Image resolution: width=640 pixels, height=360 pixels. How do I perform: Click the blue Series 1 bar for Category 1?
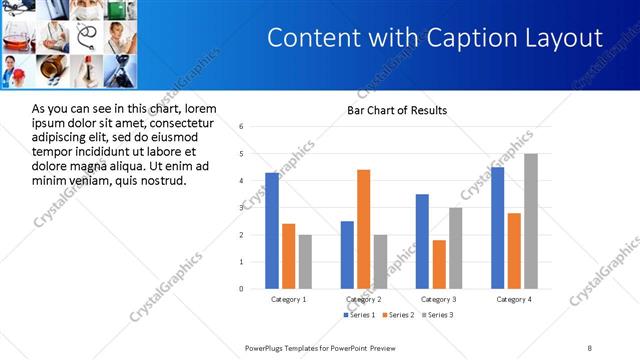coord(272,231)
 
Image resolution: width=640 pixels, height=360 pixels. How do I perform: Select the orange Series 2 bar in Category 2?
coord(363,229)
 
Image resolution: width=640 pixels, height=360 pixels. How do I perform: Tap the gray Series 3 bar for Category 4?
coord(530,221)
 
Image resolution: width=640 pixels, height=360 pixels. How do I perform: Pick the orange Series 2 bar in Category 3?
coord(439,264)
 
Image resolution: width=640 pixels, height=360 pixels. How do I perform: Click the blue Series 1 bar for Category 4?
coord(497,228)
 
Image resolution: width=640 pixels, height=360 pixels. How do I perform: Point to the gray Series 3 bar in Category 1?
coord(305,262)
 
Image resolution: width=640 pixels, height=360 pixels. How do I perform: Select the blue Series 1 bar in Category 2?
coord(347,255)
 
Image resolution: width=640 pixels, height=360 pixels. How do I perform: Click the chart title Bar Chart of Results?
coord(397,110)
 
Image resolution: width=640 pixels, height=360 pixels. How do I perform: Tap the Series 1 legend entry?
coord(361,315)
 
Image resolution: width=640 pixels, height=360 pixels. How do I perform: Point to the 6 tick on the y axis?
coord(241,127)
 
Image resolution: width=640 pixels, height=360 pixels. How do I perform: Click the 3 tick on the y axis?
coord(241,208)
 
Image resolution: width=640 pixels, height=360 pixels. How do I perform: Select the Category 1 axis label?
coord(289,299)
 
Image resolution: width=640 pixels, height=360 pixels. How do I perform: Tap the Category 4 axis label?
coord(514,299)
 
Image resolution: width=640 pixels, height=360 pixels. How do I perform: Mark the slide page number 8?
coord(590,347)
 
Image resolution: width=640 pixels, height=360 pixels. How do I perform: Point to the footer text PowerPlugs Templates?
coord(290,347)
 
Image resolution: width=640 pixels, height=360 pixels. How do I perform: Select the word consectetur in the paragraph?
coord(182,122)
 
